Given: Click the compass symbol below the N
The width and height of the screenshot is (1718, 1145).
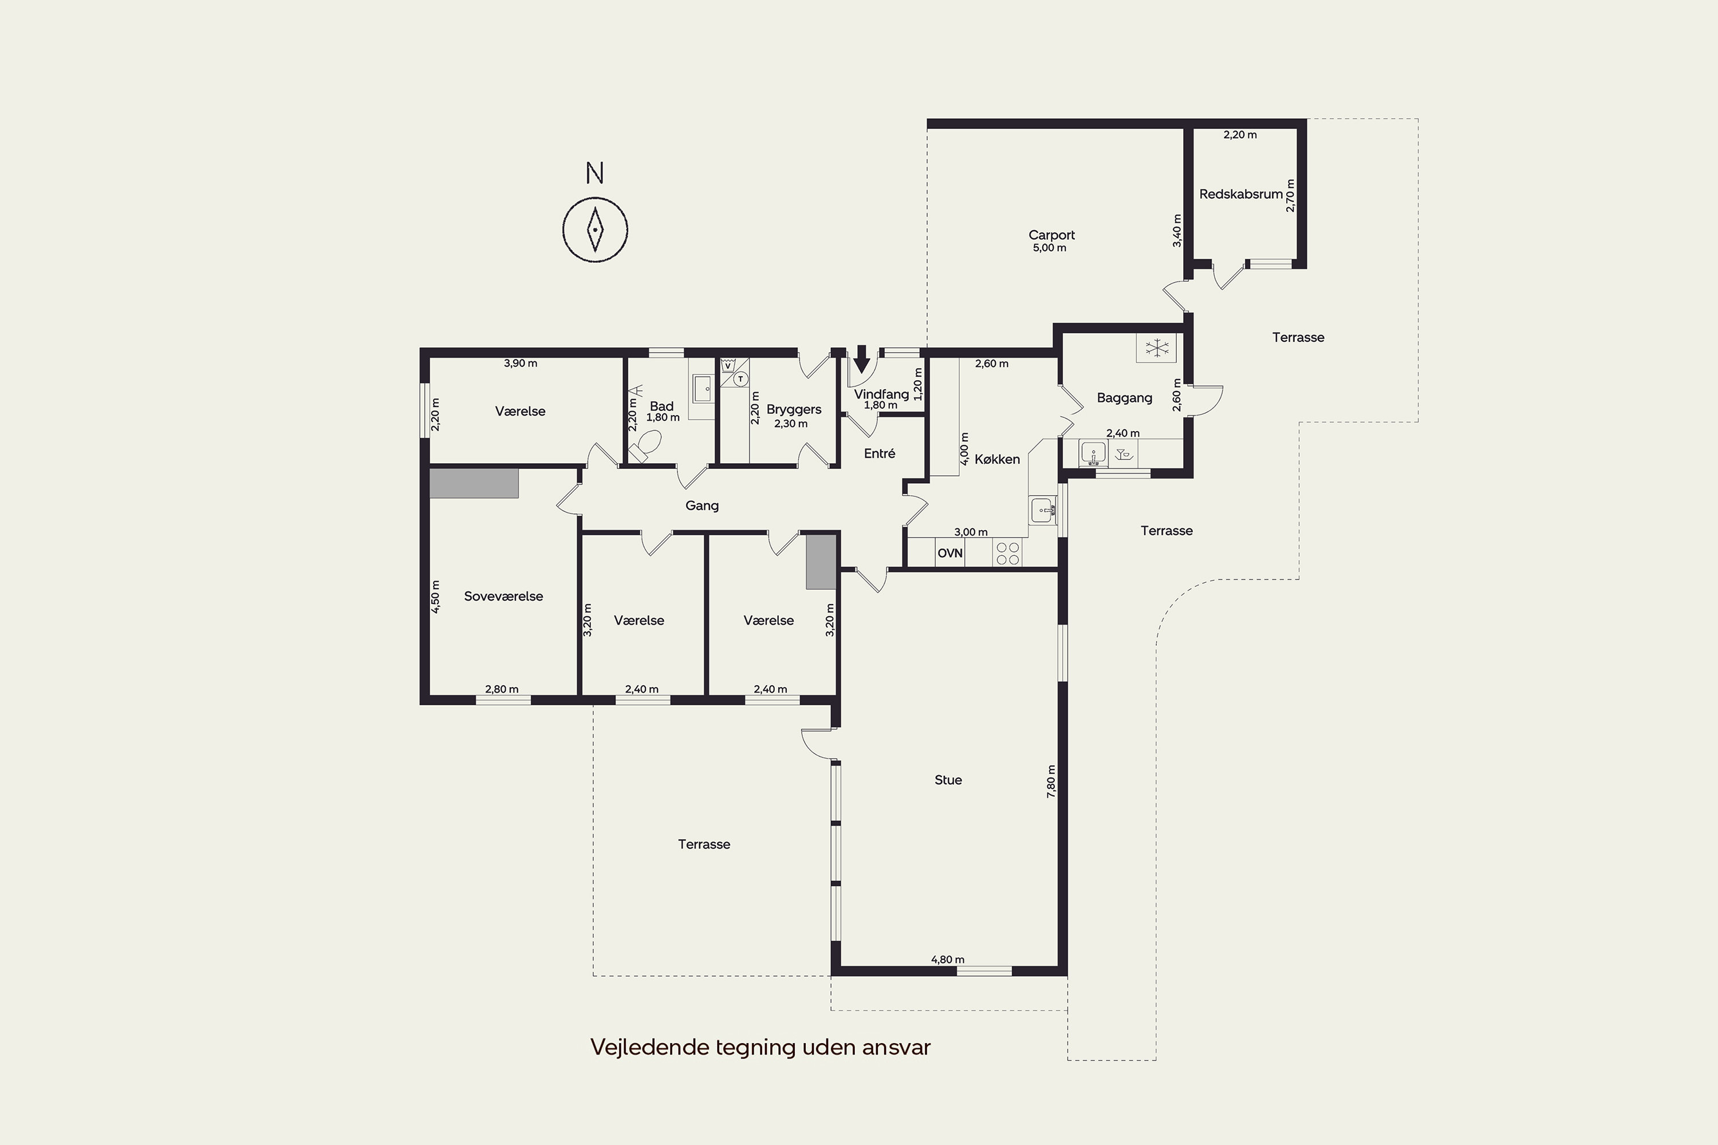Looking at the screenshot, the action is point(596,230).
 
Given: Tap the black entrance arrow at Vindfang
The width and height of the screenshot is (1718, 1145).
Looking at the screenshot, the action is point(862,358).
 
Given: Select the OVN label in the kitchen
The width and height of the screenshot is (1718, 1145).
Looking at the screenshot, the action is point(949,554).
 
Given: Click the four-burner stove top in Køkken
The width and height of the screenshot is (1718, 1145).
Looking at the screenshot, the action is point(1007,553).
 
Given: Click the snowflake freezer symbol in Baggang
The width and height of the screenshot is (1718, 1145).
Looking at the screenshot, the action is point(1157,348).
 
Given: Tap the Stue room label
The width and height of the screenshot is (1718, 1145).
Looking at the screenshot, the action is point(948,780).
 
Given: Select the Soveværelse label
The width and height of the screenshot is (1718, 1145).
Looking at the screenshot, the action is point(503,597).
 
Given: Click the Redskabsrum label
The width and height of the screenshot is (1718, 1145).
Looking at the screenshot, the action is point(1241,194).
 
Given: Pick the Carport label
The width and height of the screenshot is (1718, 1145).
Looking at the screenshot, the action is point(1051,235).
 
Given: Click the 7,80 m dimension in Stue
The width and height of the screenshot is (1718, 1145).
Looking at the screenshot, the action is point(1051,781).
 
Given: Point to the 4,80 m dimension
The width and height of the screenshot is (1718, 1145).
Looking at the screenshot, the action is point(947,960).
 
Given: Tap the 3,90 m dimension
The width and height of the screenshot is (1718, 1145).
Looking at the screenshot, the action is point(520,363).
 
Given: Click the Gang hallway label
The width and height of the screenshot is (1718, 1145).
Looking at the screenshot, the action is point(702,506).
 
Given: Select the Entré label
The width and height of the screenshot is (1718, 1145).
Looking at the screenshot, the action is point(880,453).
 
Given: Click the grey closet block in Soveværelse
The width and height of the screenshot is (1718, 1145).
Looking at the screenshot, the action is point(474,483).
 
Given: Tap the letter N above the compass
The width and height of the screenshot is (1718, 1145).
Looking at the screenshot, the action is point(594,174).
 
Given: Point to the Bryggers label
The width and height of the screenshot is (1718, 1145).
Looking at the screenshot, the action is point(794,410).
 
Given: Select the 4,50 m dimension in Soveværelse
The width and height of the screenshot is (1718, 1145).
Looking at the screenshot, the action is point(435,596).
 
